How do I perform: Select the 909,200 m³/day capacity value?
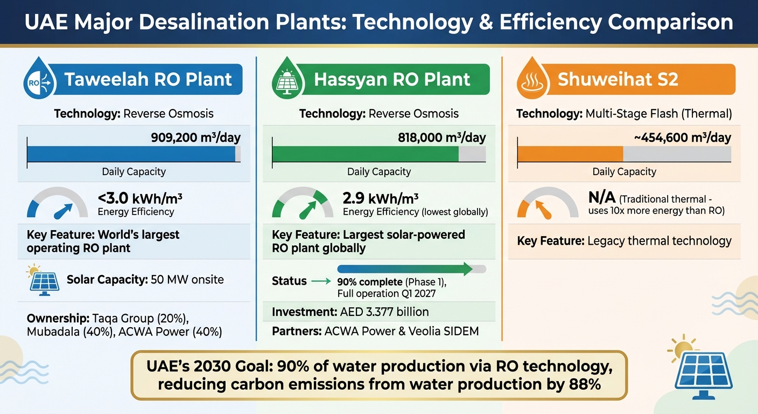196,137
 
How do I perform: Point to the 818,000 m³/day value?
441,137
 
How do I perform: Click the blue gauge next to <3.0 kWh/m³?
57,204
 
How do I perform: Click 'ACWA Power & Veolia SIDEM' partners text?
402,331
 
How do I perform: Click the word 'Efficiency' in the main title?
571,22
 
